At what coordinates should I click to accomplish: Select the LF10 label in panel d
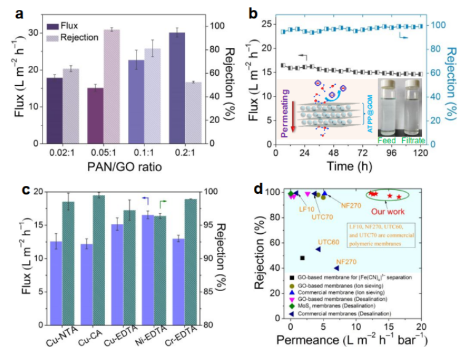click(x=307, y=209)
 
